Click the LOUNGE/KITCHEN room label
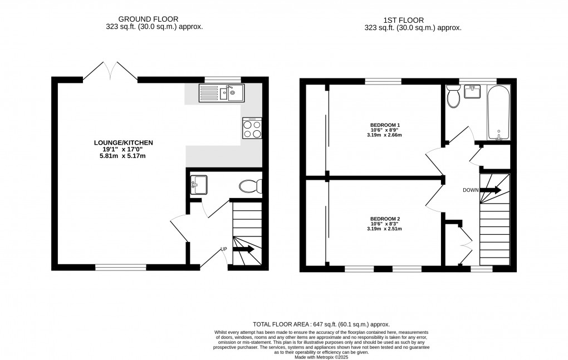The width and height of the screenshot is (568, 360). (x=123, y=142)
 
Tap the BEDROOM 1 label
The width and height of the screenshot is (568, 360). (x=385, y=125)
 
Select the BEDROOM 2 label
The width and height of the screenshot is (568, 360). (x=385, y=219)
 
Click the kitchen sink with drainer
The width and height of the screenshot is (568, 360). (x=221, y=93)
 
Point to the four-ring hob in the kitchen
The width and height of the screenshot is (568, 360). (x=252, y=129)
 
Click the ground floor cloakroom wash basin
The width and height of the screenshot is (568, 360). (x=198, y=185)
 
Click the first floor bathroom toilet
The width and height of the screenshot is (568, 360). (x=453, y=96)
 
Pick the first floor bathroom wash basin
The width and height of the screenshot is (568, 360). (x=472, y=92)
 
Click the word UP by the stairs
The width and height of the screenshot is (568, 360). (x=224, y=249)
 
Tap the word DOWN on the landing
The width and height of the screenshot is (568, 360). (x=471, y=190)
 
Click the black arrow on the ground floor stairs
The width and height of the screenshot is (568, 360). (x=243, y=249)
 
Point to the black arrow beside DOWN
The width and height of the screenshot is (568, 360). (x=491, y=190)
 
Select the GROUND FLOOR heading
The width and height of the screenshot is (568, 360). (x=148, y=19)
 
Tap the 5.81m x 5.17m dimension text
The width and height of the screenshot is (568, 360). (x=123, y=156)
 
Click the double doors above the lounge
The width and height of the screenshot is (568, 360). (x=110, y=71)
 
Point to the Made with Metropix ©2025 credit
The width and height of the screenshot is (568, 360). (x=321, y=357)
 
